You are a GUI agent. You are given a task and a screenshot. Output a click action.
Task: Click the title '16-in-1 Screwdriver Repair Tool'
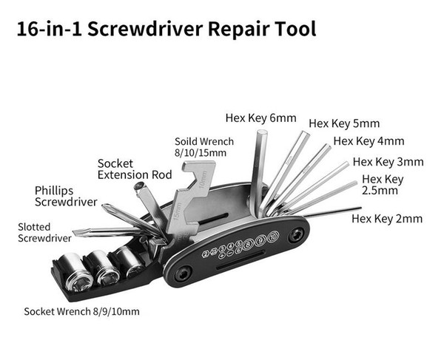pyautogui.click(x=166, y=29)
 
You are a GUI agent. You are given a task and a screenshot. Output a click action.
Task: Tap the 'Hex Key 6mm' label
pyautogui.click(x=260, y=118)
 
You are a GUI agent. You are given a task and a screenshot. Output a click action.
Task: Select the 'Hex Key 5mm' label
pyautogui.click(x=344, y=123)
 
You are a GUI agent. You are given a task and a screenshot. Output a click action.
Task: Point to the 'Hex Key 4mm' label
pyautogui.click(x=369, y=141)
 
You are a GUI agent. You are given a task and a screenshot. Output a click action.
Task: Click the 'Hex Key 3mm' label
pyautogui.click(x=388, y=162)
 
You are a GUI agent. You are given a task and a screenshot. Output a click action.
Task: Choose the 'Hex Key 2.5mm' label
pyautogui.click(x=383, y=185)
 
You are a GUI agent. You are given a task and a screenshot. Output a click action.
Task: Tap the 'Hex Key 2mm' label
pyautogui.click(x=387, y=219)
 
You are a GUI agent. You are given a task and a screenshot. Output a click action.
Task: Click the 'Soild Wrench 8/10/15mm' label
pyautogui.click(x=204, y=147)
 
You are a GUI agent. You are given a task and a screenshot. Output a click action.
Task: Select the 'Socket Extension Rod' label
pyautogui.click(x=135, y=169)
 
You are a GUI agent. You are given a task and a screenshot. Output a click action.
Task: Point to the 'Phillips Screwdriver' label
pyautogui.click(x=66, y=196)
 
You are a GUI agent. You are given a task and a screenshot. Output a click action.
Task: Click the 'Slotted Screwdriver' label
pyautogui.click(x=44, y=232)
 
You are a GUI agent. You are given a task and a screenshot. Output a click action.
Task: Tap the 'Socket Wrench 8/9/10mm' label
pyautogui.click(x=82, y=312)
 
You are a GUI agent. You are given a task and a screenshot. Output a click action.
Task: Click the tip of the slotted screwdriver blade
pyautogui.click(x=74, y=232)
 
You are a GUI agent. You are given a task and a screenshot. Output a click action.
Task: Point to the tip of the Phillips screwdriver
pyautogui.click(x=104, y=206)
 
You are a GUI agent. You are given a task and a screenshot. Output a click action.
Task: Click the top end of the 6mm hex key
pyautogui.click(x=262, y=132)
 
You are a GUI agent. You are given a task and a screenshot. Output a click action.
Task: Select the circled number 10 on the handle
pyautogui.click(x=273, y=236)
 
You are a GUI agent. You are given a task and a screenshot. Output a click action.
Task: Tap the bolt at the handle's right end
pyautogui.click(x=296, y=235)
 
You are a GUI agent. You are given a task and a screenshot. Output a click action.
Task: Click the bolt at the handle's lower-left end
pyautogui.click(x=182, y=274)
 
